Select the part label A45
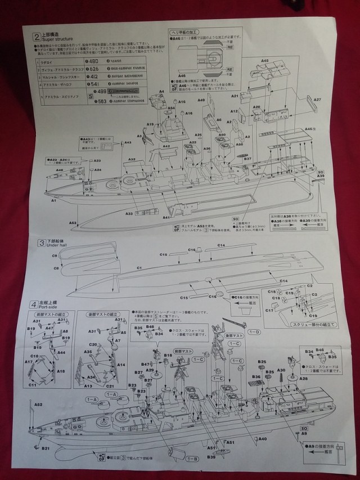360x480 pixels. pyautogui.click(x=265, y=61)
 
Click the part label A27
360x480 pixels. pyautogui.click(x=317, y=100)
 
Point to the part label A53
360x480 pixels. pyautogui.click(x=73, y=223)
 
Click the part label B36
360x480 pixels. pyautogui.click(x=256, y=376)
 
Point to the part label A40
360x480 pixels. pyautogui.click(x=263, y=438)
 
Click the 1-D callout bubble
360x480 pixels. pyautogui.click(x=254, y=332)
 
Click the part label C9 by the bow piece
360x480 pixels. pyautogui.click(x=55, y=256)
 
